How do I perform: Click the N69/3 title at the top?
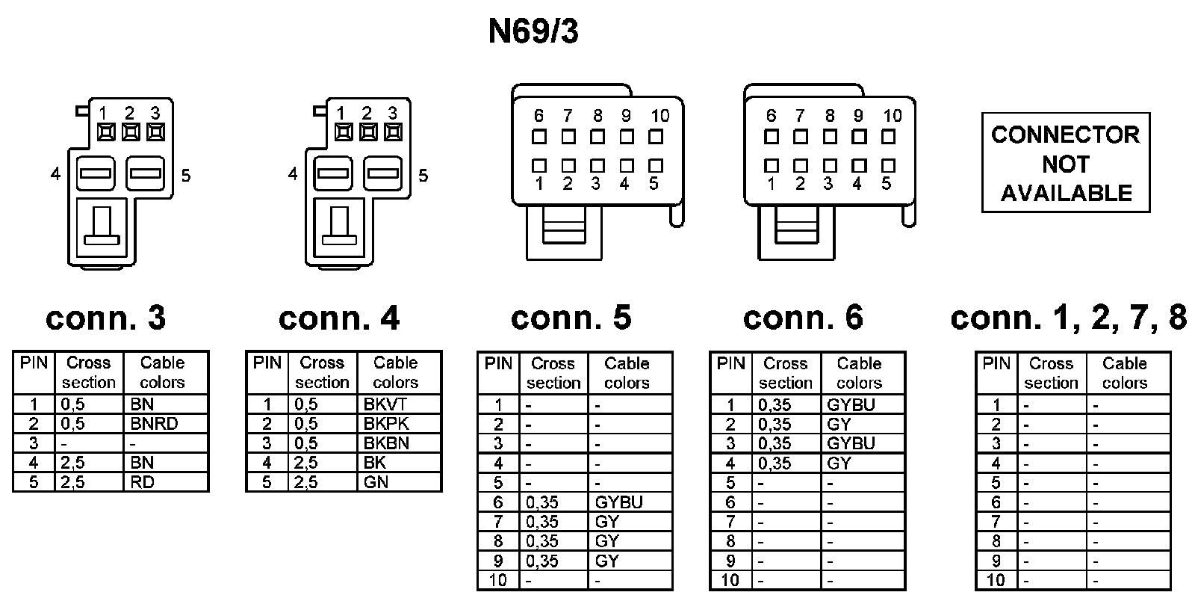[533, 32]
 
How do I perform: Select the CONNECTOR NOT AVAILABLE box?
[1065, 163]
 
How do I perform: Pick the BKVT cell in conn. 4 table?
[385, 404]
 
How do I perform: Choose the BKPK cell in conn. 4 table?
[385, 424]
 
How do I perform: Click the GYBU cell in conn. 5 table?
[618, 502]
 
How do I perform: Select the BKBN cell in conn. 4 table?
[385, 443]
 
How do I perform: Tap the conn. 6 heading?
[803, 318]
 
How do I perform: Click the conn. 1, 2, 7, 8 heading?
[1068, 318]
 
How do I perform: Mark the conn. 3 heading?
[105, 318]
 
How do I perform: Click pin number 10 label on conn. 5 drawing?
[659, 116]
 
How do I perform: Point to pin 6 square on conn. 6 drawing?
[772, 138]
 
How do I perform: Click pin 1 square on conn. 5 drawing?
[539, 165]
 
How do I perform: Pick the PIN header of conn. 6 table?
[730, 364]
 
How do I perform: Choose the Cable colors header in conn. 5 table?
[627, 373]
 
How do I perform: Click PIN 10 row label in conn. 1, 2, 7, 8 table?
[996, 580]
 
